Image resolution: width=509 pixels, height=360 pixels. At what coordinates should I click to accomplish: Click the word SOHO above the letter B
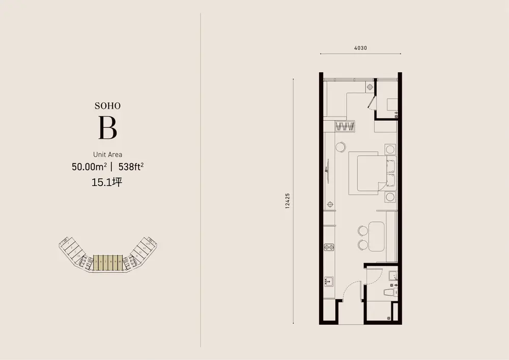107,106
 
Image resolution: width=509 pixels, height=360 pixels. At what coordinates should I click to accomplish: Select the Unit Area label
107,154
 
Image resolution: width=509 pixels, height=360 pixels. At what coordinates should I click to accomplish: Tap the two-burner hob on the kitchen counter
329,248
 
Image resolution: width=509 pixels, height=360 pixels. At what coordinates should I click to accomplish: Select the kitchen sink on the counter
329,281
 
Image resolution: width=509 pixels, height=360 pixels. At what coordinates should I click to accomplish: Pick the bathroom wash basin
392,276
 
